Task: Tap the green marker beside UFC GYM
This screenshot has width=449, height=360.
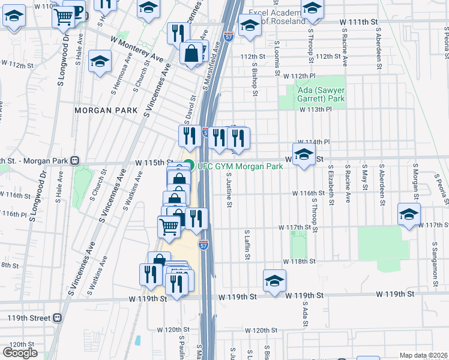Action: click(x=188, y=166)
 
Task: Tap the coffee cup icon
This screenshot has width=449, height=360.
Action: click(x=77, y=10)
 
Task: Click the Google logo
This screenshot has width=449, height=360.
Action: click(x=20, y=353)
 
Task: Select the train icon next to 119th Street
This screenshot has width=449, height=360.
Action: click(x=57, y=317)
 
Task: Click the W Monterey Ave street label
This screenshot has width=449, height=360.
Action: click(x=137, y=47)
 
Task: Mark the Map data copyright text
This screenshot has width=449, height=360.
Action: click(x=423, y=355)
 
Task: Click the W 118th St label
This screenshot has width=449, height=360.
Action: click(x=300, y=262)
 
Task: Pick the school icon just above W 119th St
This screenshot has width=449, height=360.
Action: click(x=274, y=280)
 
